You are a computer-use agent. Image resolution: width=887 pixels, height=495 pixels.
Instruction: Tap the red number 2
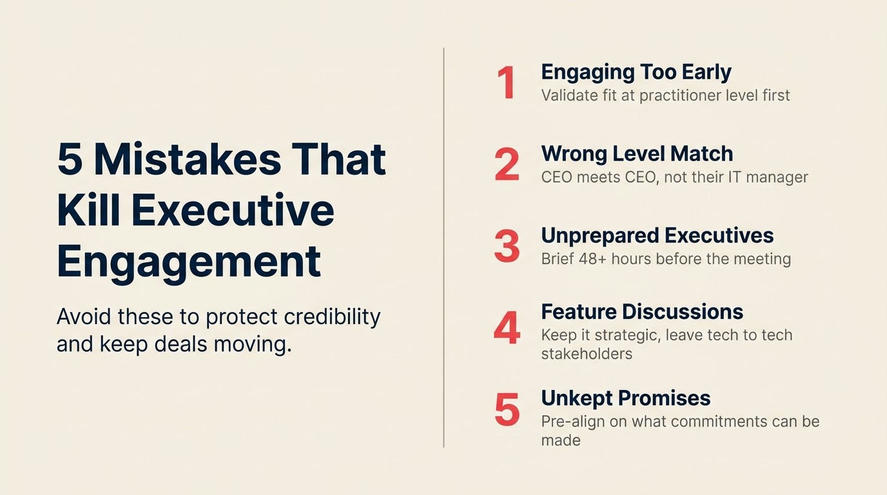(x=507, y=165)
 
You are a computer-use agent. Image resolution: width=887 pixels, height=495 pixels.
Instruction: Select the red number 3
(x=507, y=246)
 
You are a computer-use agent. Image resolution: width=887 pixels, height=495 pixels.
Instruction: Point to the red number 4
(x=507, y=328)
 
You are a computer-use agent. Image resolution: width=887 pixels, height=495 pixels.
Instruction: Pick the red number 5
(x=507, y=410)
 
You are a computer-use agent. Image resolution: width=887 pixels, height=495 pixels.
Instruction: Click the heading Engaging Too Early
(x=636, y=72)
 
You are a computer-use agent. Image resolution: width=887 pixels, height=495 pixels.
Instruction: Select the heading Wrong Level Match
(x=637, y=154)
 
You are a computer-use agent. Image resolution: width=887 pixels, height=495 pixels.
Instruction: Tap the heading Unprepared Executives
(x=658, y=236)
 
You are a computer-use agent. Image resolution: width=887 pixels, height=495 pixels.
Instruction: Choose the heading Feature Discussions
(x=642, y=312)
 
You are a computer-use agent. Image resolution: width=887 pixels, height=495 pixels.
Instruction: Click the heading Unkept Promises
(x=625, y=398)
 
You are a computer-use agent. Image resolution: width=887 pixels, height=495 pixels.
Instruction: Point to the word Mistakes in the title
(x=187, y=159)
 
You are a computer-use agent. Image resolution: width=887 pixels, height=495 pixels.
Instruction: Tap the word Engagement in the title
(x=189, y=262)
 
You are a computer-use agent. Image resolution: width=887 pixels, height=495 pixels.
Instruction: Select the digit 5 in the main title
(x=70, y=159)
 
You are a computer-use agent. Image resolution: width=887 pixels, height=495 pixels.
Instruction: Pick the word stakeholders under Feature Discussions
(x=587, y=354)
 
